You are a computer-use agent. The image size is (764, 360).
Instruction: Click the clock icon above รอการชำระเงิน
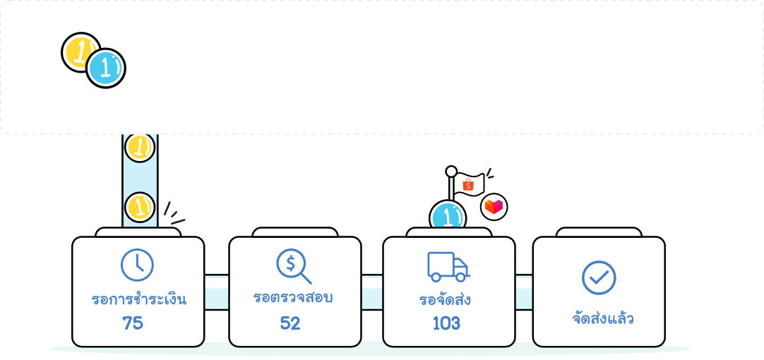pos(137,265)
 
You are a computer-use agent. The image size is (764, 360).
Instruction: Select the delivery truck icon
pos(448,266)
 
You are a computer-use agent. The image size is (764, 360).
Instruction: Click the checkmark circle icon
pos(599,277)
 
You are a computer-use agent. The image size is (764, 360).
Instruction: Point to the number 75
pos(133,323)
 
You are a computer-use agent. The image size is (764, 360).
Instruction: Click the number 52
pos(290,323)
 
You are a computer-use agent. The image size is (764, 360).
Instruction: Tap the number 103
pos(446,323)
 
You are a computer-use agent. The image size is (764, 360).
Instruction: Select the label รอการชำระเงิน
pos(139,299)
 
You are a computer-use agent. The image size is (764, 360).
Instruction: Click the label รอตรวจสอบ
pos(293,298)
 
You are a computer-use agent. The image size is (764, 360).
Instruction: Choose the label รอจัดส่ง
pos(445,300)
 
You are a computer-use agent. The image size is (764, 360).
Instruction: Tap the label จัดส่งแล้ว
pos(602,318)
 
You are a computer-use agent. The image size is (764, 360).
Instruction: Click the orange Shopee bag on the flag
pos(467,185)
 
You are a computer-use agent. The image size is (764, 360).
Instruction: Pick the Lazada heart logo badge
pos(494,207)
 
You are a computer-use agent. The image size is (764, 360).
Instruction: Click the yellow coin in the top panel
pos(79,51)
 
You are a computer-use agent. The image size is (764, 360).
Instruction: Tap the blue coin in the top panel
pos(106,68)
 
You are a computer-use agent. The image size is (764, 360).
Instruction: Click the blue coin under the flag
pos(448,216)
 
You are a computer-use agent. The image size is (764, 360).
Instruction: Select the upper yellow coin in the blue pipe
pos(140,147)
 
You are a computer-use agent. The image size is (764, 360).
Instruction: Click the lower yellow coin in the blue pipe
pos(140,208)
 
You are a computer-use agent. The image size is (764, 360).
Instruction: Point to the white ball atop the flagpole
pos(451,172)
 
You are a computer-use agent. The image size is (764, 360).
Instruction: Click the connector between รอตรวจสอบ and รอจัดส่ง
pos(372,291)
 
